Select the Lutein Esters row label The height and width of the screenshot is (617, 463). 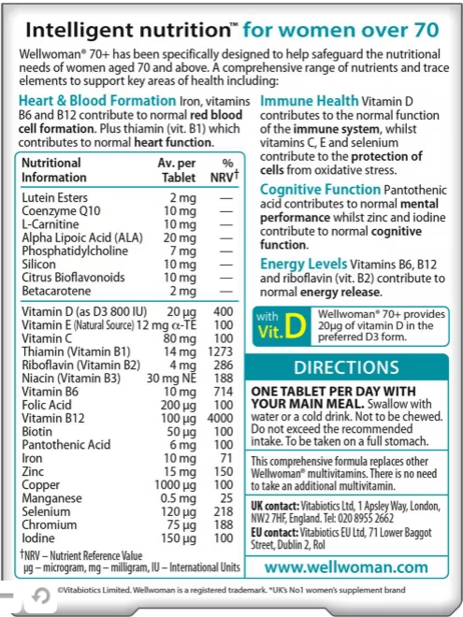53,198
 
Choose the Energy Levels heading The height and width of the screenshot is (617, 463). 301,265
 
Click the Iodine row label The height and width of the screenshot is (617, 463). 40,539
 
